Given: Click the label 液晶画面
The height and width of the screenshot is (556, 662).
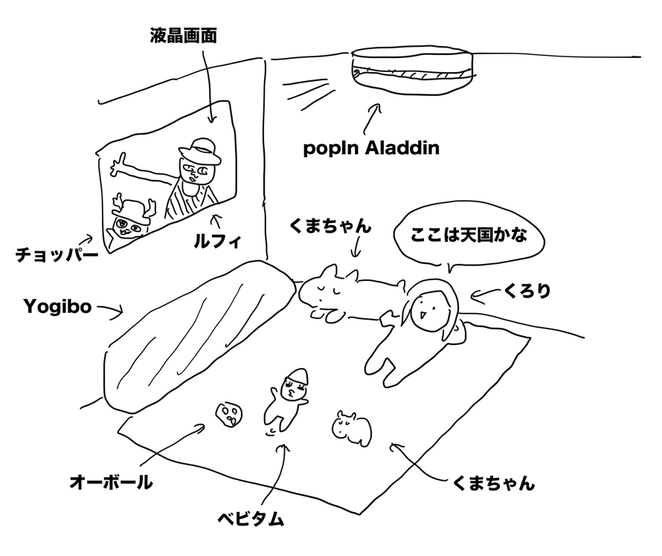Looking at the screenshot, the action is [183, 36].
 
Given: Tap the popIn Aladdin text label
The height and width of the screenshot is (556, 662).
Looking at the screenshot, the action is [371, 148].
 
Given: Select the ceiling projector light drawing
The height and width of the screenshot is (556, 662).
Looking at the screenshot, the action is [414, 69].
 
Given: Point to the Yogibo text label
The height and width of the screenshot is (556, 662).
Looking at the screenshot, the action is [57, 307].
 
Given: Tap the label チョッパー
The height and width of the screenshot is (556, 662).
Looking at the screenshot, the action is [57, 255].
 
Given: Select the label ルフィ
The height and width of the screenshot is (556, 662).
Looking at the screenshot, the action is [217, 241].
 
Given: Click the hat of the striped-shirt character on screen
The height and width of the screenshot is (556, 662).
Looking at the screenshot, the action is [200, 152].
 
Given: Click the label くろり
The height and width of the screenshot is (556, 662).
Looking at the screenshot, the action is [527, 291].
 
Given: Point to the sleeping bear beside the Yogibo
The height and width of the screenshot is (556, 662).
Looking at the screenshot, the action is [350, 291].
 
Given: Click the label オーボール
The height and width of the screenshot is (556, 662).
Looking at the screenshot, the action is [111, 482].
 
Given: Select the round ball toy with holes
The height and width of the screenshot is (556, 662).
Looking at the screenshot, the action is [229, 415].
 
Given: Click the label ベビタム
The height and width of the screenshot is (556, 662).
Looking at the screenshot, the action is [251, 519].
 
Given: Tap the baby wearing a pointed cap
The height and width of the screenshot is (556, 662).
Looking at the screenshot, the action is [286, 400].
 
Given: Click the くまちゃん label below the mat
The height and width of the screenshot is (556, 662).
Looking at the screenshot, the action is [493, 482].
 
